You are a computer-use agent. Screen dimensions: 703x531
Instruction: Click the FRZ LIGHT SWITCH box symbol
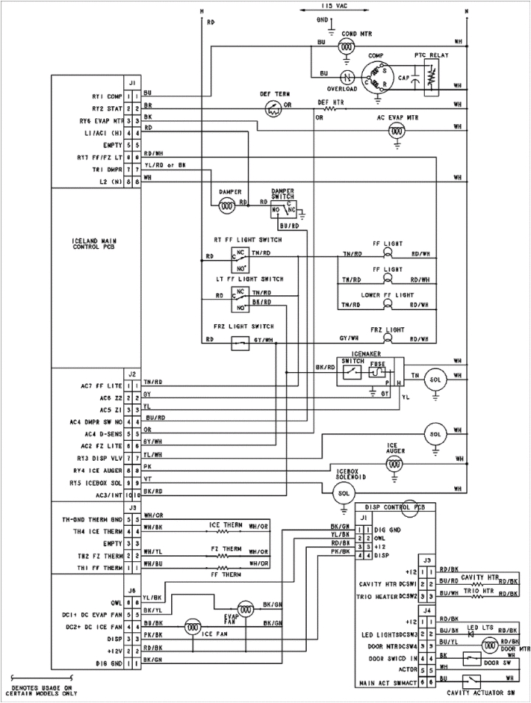(x=238, y=341)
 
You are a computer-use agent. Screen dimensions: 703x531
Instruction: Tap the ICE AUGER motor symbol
(x=398, y=462)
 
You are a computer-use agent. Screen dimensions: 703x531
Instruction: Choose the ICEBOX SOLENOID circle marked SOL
(x=342, y=492)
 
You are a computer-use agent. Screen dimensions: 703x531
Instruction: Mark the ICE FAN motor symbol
(x=192, y=627)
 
